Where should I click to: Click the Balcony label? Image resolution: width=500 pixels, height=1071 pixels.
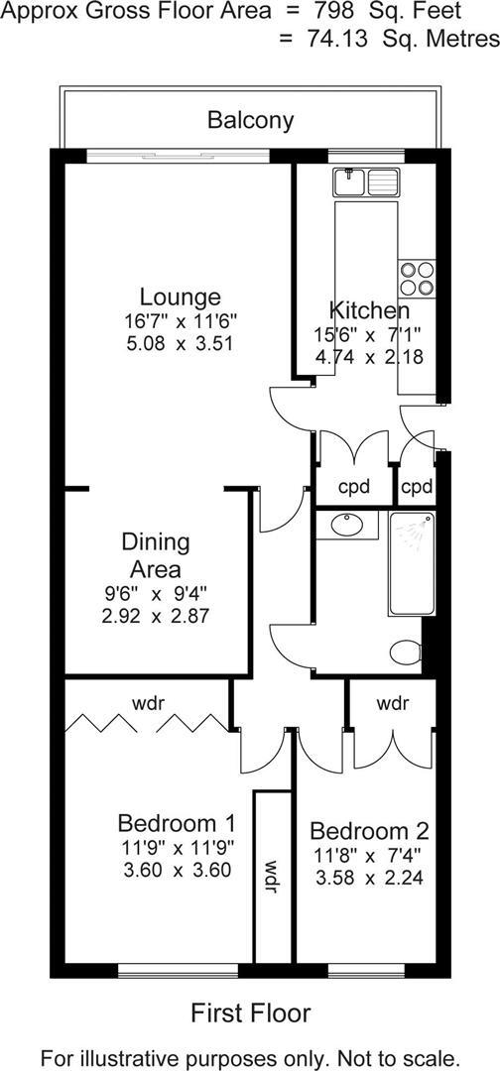(250, 121)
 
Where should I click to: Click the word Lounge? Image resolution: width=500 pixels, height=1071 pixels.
(180, 297)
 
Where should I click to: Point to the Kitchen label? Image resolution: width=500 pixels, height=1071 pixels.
(369, 308)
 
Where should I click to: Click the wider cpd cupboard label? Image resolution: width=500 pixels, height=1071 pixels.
(354, 487)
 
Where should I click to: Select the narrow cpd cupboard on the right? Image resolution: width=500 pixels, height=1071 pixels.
(417, 487)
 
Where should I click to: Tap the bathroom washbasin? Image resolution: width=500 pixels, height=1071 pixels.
(347, 526)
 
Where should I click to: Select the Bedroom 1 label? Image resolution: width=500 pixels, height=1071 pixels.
(177, 823)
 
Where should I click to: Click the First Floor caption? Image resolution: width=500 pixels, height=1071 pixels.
(250, 1012)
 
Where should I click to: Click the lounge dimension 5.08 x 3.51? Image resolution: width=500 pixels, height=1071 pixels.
(180, 344)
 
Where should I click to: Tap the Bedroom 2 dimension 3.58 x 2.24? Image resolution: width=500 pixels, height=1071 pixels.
(369, 878)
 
